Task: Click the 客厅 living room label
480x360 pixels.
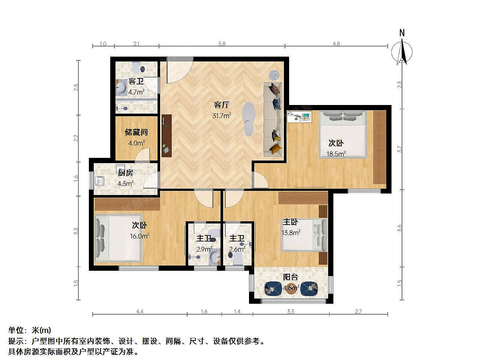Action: click(221, 105)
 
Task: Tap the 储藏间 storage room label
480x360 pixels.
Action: click(136, 132)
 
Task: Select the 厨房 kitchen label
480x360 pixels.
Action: click(125, 172)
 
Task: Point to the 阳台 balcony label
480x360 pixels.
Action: click(290, 277)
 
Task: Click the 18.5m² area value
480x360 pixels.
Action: click(336, 154)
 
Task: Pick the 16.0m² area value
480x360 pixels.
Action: click(139, 236)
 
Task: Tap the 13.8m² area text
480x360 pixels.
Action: click(291, 232)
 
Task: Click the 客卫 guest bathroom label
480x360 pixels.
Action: click(136, 81)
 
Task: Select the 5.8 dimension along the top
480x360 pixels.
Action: click(222, 44)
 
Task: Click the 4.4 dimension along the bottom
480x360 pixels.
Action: click(140, 311)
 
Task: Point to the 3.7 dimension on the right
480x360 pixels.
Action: click(399, 149)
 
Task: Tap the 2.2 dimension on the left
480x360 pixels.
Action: click(76, 138)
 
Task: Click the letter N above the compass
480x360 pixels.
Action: click(402, 33)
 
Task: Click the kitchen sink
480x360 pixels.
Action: click(100, 181)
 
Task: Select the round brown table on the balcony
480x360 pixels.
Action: click(291, 288)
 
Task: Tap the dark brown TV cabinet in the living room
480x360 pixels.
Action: click(166, 135)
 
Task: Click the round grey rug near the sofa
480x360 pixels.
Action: click(274, 75)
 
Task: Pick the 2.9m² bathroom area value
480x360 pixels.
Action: click(204, 249)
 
